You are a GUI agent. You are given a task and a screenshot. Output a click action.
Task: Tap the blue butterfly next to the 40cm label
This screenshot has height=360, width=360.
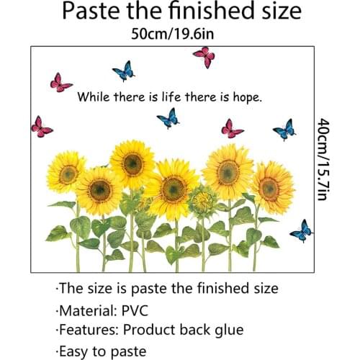[x=284, y=130]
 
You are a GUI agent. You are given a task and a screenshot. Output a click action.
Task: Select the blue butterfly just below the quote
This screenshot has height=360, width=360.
[x=168, y=117]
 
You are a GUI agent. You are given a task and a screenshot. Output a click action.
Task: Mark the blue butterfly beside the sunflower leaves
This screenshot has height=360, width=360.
[x=301, y=230]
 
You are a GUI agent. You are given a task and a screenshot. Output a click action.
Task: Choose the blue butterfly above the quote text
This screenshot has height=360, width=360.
[x=124, y=71]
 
